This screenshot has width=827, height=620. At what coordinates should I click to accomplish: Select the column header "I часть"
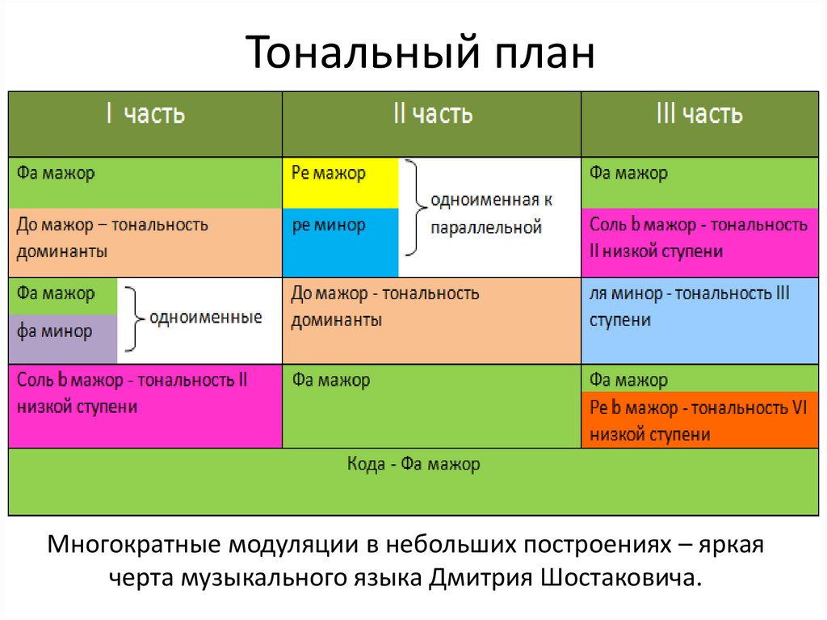(145, 114)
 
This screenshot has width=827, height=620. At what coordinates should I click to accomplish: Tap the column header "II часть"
(432, 114)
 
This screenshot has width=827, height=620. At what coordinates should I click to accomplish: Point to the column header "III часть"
(699, 114)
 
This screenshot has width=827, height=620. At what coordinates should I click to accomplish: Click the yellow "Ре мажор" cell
(340, 182)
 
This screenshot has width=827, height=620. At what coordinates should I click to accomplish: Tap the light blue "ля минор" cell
(699, 319)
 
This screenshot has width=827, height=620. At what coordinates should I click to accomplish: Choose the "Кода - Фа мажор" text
(413, 465)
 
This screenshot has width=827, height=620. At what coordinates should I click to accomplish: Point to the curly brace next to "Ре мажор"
(413, 209)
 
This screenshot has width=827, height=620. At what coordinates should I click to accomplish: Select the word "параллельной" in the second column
(485, 228)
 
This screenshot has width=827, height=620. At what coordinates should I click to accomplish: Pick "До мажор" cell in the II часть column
(432, 319)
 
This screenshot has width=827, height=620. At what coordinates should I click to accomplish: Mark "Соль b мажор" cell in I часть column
(145, 404)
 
